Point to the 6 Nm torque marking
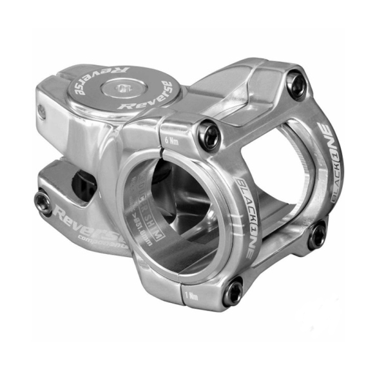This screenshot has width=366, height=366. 171,139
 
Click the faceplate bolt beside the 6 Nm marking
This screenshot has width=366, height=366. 209,134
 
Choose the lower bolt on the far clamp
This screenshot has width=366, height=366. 316,236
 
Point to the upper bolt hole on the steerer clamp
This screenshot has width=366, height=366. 42,111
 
